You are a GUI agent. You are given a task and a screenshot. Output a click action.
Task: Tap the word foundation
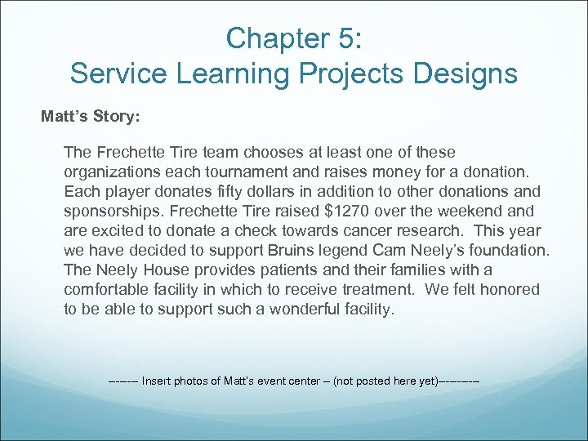[x=505, y=251]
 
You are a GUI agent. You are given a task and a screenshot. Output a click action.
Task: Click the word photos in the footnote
[x=200, y=381]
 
